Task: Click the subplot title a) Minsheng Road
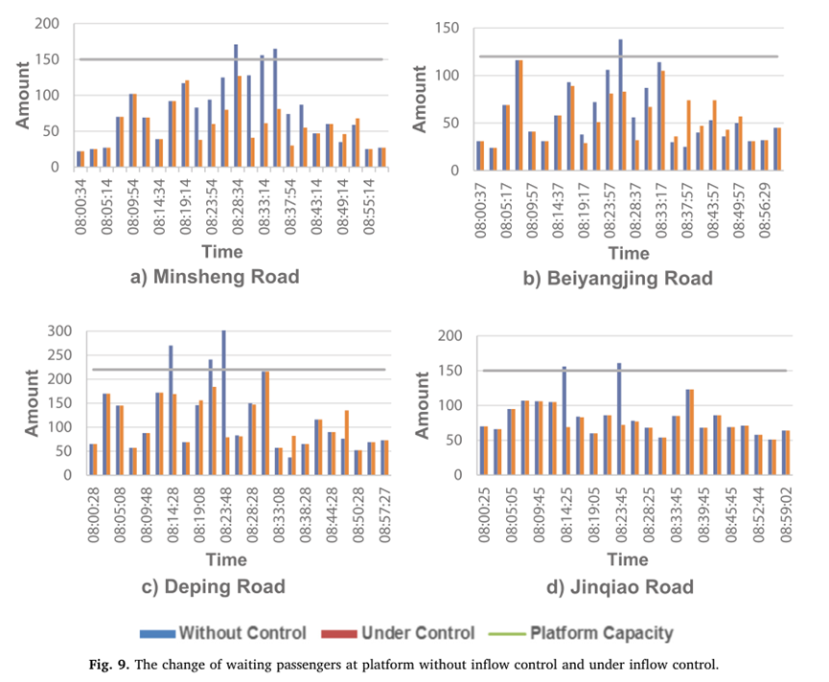coord(215,277)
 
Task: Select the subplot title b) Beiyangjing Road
coord(631,279)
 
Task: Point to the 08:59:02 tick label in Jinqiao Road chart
coord(785,511)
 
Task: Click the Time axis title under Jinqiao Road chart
coord(630,559)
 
